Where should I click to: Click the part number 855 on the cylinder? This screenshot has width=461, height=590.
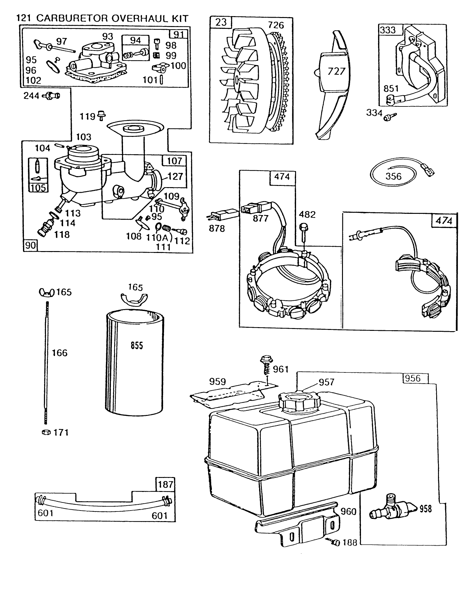(137, 345)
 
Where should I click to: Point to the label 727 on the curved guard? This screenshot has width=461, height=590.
(336, 71)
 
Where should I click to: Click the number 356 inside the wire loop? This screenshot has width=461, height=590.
(393, 176)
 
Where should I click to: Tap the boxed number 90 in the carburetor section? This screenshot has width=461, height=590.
(30, 246)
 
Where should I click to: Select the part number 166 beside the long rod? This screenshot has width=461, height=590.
(60, 353)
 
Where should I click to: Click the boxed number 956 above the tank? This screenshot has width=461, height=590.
(413, 378)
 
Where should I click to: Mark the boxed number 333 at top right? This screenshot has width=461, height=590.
(388, 30)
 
